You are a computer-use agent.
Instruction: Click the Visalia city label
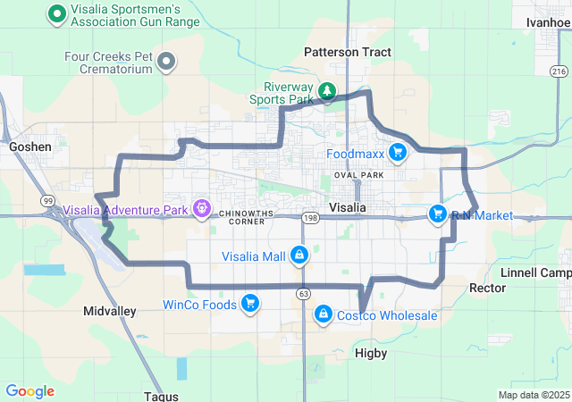pyautogui.click(x=348, y=207)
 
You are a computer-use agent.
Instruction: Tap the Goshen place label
pyautogui.click(x=29, y=146)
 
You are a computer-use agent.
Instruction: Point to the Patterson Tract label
pyautogui.click(x=348, y=52)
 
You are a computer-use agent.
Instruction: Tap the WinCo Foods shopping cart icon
pyautogui.click(x=249, y=305)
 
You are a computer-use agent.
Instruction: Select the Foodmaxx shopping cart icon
pyautogui.click(x=398, y=154)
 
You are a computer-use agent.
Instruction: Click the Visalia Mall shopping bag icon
pyautogui.click(x=299, y=256)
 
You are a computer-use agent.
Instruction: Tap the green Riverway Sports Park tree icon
pyautogui.click(x=327, y=91)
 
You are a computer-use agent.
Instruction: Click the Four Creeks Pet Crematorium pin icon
pyautogui.click(x=166, y=61)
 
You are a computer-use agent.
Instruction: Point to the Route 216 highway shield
pyautogui.click(x=559, y=71)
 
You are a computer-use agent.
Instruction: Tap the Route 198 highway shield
pyautogui.click(x=310, y=217)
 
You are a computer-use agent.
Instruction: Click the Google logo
pyautogui.click(x=29, y=391)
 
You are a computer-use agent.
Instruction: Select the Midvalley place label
pyautogui.click(x=109, y=311)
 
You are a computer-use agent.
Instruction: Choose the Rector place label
pyautogui.click(x=487, y=288)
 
